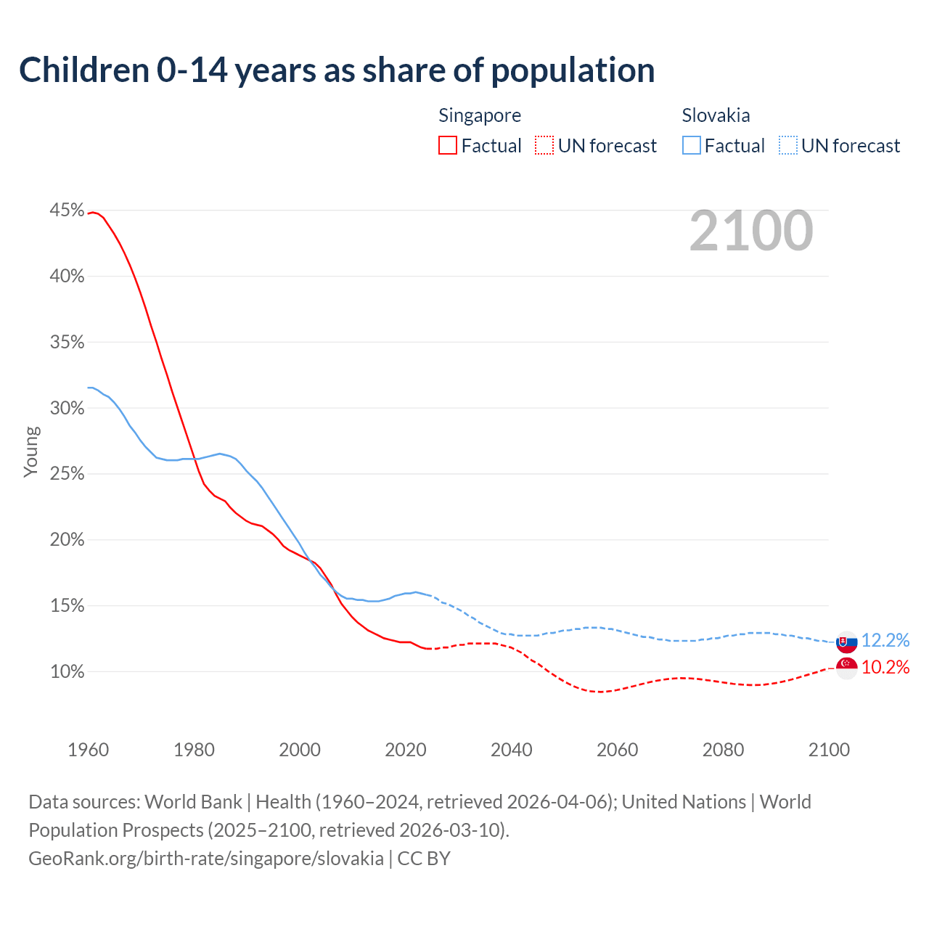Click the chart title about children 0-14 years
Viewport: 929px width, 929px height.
337,70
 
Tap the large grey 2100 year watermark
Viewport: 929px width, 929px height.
751,231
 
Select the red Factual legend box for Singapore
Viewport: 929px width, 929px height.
448,146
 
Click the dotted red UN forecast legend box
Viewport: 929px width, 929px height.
544,146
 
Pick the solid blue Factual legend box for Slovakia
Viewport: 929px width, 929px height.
692,146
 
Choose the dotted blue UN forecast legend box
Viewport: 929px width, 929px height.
788,146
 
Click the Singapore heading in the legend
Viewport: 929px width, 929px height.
480,115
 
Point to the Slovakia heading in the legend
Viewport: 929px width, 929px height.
716,115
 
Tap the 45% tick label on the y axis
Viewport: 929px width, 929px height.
67,210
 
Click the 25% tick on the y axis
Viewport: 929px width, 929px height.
67,474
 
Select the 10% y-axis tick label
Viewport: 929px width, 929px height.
67,672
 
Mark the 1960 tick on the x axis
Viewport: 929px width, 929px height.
88,750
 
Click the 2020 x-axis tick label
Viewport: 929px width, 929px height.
405,750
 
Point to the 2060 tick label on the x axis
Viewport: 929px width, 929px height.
617,750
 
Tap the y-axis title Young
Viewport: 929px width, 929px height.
31,451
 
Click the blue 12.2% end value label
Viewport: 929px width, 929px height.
885,640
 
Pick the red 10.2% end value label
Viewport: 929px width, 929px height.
885,668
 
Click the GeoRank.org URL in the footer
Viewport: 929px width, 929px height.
206,859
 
